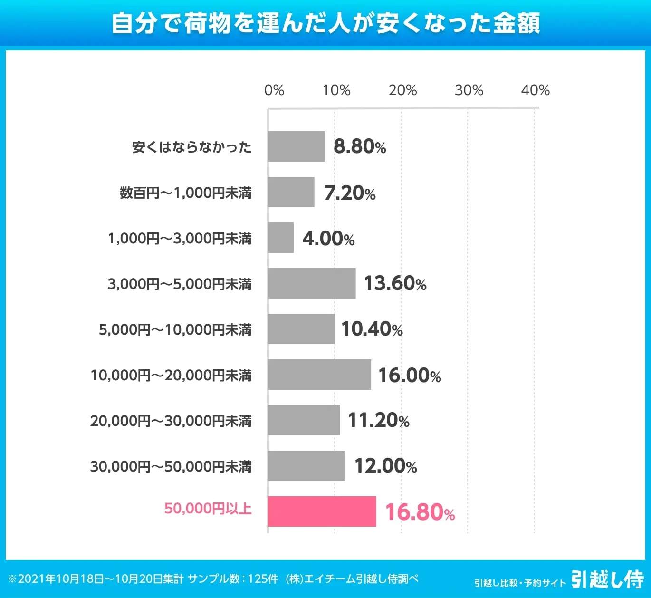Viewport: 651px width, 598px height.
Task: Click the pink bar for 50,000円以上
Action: point(322,511)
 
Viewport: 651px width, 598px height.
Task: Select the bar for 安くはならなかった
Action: point(296,146)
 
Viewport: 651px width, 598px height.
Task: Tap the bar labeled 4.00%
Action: point(281,238)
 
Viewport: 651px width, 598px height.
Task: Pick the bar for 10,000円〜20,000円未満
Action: point(319,375)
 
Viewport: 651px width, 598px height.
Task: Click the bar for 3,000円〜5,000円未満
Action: point(312,283)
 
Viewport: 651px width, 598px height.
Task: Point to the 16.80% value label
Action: point(420,512)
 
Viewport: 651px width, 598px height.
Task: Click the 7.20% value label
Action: point(350,193)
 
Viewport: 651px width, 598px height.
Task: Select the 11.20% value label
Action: point(378,420)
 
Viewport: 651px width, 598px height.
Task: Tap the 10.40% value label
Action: point(372,329)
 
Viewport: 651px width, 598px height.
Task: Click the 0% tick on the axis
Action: point(274,90)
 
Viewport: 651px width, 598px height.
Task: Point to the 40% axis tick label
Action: point(535,90)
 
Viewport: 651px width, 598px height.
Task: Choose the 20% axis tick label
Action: point(402,90)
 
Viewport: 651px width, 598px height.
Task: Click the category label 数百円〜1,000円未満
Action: point(185,193)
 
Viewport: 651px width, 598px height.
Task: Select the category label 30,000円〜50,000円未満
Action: point(171,466)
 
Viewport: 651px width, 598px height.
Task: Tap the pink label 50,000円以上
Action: point(208,509)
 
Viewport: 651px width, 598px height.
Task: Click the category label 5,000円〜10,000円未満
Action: point(175,329)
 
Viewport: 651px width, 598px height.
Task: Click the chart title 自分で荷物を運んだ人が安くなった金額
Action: point(325,23)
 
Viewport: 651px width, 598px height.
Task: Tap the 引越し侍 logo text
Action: point(607,579)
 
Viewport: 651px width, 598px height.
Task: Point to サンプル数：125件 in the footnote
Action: point(233,579)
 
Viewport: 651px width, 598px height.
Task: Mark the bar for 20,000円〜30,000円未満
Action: point(304,420)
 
